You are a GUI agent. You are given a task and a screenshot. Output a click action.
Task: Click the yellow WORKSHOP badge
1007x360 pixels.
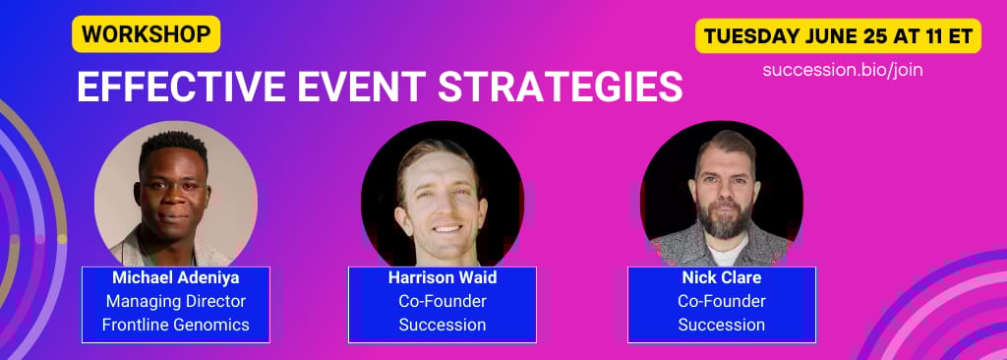pos(147,34)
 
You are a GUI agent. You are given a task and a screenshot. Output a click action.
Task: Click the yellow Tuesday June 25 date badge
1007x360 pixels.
pos(838,36)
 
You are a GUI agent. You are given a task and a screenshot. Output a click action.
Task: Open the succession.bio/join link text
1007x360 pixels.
pos(843,70)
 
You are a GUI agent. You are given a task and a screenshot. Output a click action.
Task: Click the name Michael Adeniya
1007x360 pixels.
pos(175,277)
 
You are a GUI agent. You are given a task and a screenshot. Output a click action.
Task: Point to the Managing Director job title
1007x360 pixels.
pos(176,301)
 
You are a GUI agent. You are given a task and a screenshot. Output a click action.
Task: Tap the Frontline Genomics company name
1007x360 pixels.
pos(175,325)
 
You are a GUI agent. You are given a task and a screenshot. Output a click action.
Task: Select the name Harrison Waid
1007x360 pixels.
pos(443,277)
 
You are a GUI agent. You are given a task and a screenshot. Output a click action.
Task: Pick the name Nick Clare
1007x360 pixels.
pos(722,277)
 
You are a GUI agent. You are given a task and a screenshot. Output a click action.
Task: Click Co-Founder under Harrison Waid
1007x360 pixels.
pos(443,301)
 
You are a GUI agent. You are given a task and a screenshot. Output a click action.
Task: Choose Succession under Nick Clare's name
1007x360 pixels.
pos(722,325)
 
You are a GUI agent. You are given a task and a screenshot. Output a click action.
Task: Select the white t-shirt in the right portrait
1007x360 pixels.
pos(726,252)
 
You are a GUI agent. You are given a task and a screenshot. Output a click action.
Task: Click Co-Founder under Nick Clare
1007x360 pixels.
pos(722,301)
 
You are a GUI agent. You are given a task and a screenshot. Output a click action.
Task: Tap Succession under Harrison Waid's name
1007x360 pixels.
pos(443,325)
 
